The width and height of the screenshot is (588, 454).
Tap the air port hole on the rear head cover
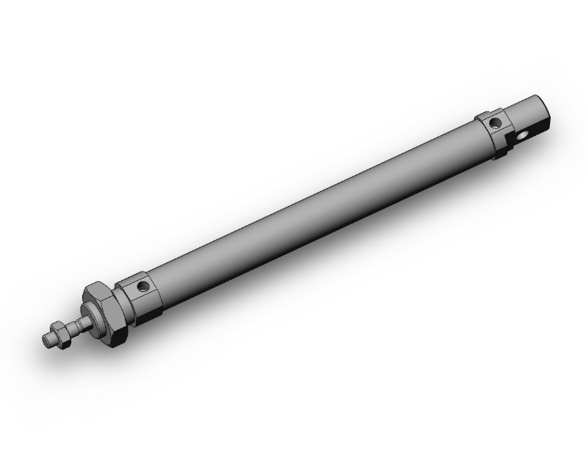click(x=496, y=123)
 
